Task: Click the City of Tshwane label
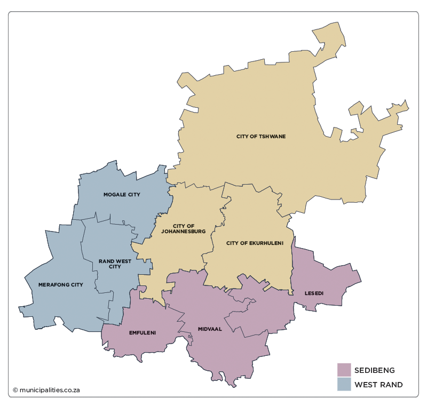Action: (261, 137)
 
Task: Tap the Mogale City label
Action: (122, 195)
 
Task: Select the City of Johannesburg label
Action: (183, 229)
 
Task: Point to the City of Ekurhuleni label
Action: (252, 243)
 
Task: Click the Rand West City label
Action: (115, 264)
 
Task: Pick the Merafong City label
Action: (61, 285)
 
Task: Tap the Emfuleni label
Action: (143, 333)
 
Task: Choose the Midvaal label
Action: (210, 329)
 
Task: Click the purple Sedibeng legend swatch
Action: (344, 370)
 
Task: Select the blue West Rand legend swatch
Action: (344, 384)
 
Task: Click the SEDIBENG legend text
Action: (375, 370)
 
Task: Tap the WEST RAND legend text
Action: (378, 385)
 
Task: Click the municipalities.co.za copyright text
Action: (50, 390)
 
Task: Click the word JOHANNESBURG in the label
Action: (183, 232)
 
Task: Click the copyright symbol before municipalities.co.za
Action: (15, 390)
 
